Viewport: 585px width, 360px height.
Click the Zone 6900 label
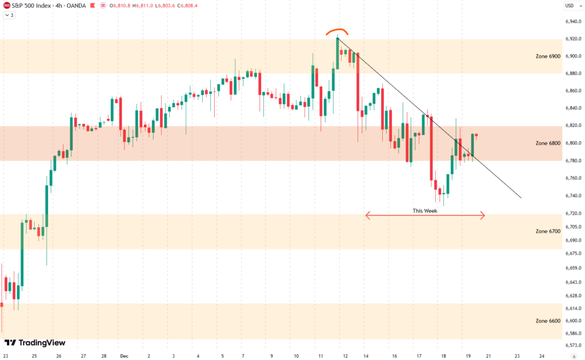click(548, 56)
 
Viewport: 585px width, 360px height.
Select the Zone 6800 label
click(548, 143)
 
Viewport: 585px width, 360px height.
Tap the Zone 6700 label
click(548, 231)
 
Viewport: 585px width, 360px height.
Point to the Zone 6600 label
click(548, 321)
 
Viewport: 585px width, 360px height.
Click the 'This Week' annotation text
click(425, 211)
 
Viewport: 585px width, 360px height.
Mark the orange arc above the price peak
click(337, 31)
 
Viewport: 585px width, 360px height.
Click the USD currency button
click(569, 6)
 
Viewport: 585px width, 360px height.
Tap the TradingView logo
click(35, 343)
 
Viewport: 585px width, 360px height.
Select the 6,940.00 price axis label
click(574, 22)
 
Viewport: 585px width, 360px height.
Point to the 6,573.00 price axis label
click(574, 345)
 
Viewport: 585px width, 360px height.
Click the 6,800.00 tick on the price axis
click(574, 143)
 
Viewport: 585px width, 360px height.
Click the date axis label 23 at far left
click(5, 355)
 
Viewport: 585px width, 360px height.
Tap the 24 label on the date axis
click(542, 355)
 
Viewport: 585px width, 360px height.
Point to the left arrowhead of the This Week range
click(367, 215)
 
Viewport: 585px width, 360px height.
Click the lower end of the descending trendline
click(520, 198)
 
